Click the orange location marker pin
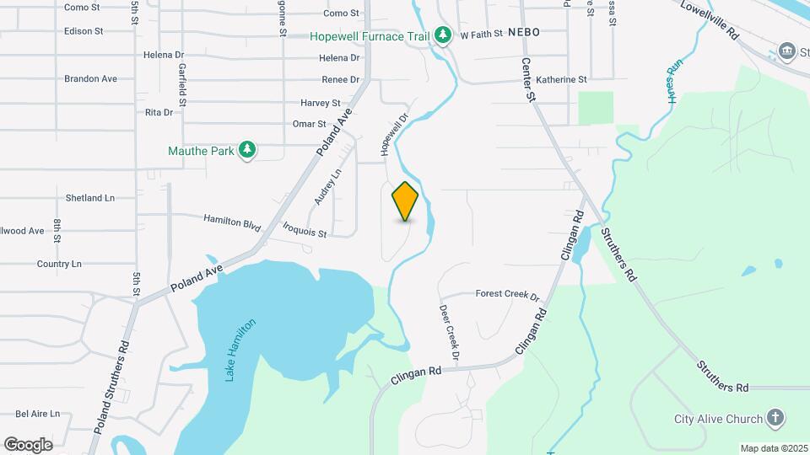tap(406, 201)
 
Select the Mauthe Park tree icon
tap(247, 150)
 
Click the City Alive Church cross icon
tap(775, 419)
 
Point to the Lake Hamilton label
tap(240, 351)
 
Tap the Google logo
tap(28, 444)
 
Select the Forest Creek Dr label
tap(507, 295)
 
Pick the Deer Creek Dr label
tap(449, 333)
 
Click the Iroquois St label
tap(305, 229)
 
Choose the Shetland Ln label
tap(90, 198)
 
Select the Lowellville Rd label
tap(710, 20)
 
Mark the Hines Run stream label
tap(674, 82)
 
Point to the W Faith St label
tap(481, 35)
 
